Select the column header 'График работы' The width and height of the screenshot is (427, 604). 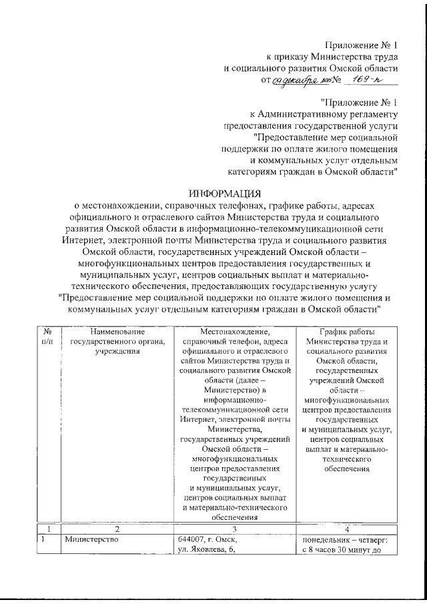pyautogui.click(x=346, y=331)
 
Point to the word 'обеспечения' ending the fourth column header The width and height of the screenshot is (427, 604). pyautogui.click(x=346, y=469)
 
